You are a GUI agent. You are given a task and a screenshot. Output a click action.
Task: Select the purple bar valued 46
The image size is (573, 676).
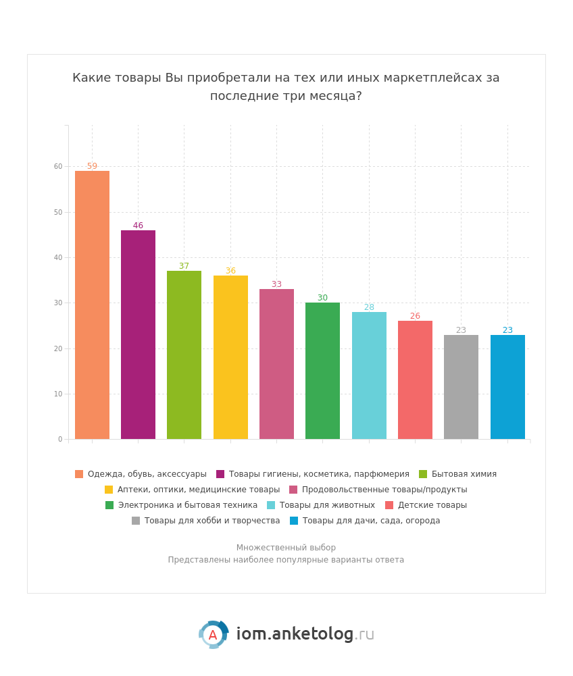(138, 335)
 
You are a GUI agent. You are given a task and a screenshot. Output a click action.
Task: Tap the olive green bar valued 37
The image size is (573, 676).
(184, 355)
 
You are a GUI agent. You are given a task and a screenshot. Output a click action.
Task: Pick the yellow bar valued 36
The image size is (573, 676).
(230, 357)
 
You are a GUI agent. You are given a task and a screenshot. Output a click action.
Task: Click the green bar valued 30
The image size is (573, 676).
(322, 371)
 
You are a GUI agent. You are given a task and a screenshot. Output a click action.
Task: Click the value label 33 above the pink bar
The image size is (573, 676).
(276, 284)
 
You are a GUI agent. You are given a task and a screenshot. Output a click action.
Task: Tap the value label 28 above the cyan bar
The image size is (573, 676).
(369, 307)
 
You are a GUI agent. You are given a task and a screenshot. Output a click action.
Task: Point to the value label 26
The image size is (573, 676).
(415, 316)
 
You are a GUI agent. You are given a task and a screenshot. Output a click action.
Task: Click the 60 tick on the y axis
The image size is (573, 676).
(58, 167)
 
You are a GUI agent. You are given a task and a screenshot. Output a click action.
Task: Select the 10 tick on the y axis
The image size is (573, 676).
(58, 394)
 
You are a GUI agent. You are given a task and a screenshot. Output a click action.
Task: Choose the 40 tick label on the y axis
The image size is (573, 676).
(58, 257)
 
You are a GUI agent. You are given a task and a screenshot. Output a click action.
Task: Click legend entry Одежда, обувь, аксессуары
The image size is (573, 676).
(147, 474)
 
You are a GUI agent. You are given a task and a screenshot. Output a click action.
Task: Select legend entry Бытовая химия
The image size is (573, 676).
(464, 474)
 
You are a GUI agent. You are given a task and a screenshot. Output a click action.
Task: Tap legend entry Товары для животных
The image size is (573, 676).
(327, 505)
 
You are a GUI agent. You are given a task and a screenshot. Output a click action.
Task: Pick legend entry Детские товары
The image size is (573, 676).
(432, 505)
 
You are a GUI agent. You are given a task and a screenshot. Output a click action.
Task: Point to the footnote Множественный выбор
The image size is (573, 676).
(286, 548)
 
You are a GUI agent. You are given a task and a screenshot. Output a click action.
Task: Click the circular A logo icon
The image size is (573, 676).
(213, 635)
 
